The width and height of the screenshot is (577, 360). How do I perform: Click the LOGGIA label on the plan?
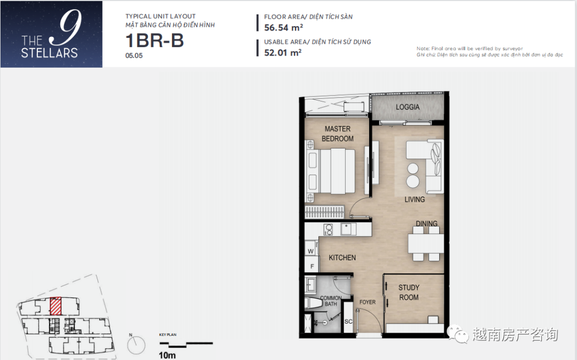tap(407, 107)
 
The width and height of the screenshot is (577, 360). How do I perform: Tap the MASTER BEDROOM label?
tap(338, 134)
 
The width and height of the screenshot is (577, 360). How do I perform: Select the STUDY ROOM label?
tap(409, 292)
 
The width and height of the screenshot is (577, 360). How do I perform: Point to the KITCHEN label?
tap(342, 258)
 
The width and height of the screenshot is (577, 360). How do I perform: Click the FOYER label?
tap(367, 302)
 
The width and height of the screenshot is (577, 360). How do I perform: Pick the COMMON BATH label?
tap(331, 301)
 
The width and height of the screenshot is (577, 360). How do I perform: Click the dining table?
tap(426, 244)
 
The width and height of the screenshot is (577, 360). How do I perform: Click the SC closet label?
tap(348, 322)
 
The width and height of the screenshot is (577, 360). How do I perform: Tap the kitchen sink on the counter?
tap(348, 229)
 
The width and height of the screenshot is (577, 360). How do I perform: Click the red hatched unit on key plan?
tap(56, 306)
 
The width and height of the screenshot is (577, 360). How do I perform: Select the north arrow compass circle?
tap(136, 346)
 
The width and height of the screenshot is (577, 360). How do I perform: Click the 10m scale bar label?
tap(167, 355)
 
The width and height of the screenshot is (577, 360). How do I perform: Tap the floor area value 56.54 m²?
tap(283, 28)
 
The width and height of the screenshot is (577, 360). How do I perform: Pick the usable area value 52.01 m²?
tap(283, 52)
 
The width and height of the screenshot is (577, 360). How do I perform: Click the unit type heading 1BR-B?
tap(154, 41)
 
